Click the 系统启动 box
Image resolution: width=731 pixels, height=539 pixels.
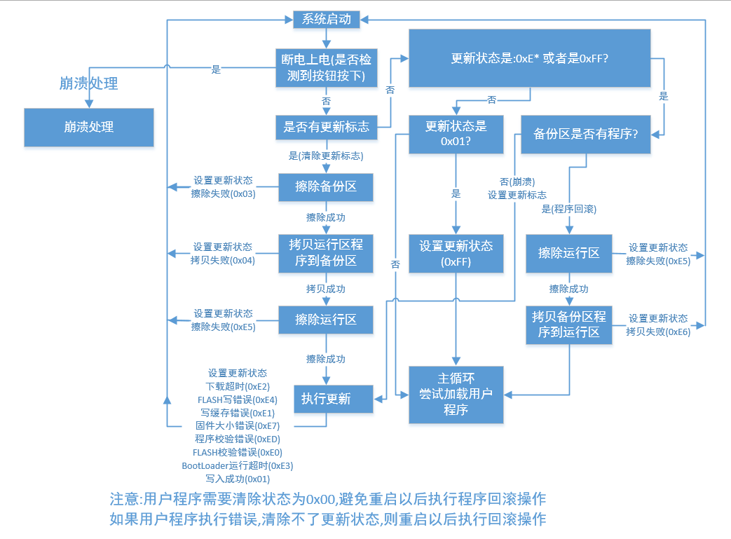coord(326,20)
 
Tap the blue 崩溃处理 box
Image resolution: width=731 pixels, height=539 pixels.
coord(89,127)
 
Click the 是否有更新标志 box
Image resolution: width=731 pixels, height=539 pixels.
coord(326,127)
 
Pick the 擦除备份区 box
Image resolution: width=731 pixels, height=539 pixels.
coord(326,186)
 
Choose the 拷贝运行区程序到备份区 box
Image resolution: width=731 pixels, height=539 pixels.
coord(326,252)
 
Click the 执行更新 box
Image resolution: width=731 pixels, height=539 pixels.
coord(326,399)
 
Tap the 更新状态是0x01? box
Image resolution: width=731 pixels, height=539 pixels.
coord(456,134)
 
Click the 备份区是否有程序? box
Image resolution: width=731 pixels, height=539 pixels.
coord(586,134)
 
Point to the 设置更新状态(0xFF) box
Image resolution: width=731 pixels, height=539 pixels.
coord(456,254)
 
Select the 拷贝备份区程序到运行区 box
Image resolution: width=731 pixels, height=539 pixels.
coord(569,324)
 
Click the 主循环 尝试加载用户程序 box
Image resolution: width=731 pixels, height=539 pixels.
coord(456,395)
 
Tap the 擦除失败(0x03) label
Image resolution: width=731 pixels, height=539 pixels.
coord(223,193)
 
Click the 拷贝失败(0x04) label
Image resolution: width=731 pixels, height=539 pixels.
coord(223,260)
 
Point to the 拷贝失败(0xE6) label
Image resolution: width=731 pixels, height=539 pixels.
coord(658,332)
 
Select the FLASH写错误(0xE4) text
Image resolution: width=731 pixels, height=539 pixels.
coord(238,400)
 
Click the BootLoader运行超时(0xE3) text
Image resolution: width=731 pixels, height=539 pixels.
coord(238,465)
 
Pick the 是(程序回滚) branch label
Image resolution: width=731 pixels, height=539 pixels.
coord(568,209)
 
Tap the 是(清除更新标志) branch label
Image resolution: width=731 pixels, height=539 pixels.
coord(326,155)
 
